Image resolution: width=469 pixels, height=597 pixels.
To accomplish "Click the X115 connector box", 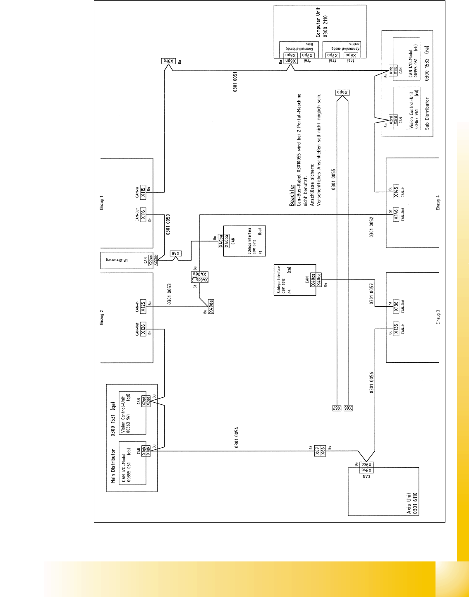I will [x=143, y=192].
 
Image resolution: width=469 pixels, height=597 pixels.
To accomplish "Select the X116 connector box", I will [x=143, y=215].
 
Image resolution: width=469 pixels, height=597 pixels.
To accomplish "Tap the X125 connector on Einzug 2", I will [x=143, y=306].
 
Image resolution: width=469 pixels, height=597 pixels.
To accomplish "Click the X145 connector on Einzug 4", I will [x=396, y=192].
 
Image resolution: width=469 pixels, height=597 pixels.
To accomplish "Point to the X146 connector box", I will [x=396, y=215].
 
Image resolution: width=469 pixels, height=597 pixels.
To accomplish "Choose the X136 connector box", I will [x=396, y=306].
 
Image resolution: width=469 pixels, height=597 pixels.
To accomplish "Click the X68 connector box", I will [x=175, y=253].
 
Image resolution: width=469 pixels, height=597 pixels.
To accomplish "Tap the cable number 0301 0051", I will [x=235, y=82].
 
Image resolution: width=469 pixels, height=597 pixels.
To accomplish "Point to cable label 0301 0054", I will [x=236, y=437].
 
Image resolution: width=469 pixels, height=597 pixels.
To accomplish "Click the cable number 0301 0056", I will [x=371, y=382].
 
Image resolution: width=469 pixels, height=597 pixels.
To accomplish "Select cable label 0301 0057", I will [x=371, y=294].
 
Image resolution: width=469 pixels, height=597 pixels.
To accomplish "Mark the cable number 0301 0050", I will [x=168, y=224].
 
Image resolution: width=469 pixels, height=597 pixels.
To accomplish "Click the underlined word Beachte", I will [x=292, y=195].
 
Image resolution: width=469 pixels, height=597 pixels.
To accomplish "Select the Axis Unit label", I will [x=409, y=503].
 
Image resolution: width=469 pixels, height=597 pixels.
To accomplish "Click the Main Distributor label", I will [x=113, y=466].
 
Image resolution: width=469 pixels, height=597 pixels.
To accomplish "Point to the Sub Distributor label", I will [x=427, y=114].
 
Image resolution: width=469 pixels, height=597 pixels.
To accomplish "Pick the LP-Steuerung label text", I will [x=117, y=260].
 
